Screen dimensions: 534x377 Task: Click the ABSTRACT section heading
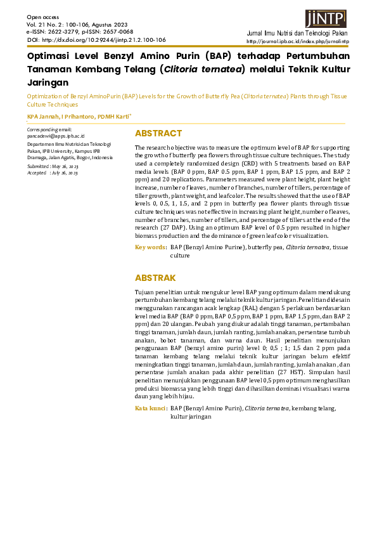pos(158,133)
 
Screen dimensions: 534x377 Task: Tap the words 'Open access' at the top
pos(42,16)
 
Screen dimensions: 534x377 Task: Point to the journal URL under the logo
pos(307,42)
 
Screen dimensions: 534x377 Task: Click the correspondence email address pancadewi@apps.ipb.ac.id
pos(56,136)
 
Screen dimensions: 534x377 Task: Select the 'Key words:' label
pos(151,247)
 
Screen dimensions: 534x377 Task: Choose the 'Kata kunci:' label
pos(151,409)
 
